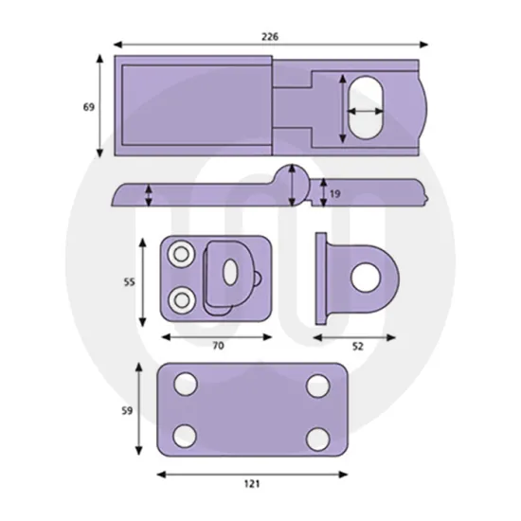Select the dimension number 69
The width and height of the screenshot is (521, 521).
88,107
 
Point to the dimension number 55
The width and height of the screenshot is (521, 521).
130,282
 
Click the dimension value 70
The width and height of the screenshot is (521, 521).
217,347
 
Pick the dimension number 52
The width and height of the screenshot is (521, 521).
357,347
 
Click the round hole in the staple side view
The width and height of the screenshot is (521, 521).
363,277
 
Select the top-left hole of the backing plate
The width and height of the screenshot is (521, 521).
187,386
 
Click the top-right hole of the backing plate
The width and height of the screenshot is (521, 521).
317,386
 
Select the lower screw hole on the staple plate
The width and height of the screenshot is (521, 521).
179,300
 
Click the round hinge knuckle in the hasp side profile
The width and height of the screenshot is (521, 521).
293,185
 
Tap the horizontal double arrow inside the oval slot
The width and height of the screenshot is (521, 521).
365,112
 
